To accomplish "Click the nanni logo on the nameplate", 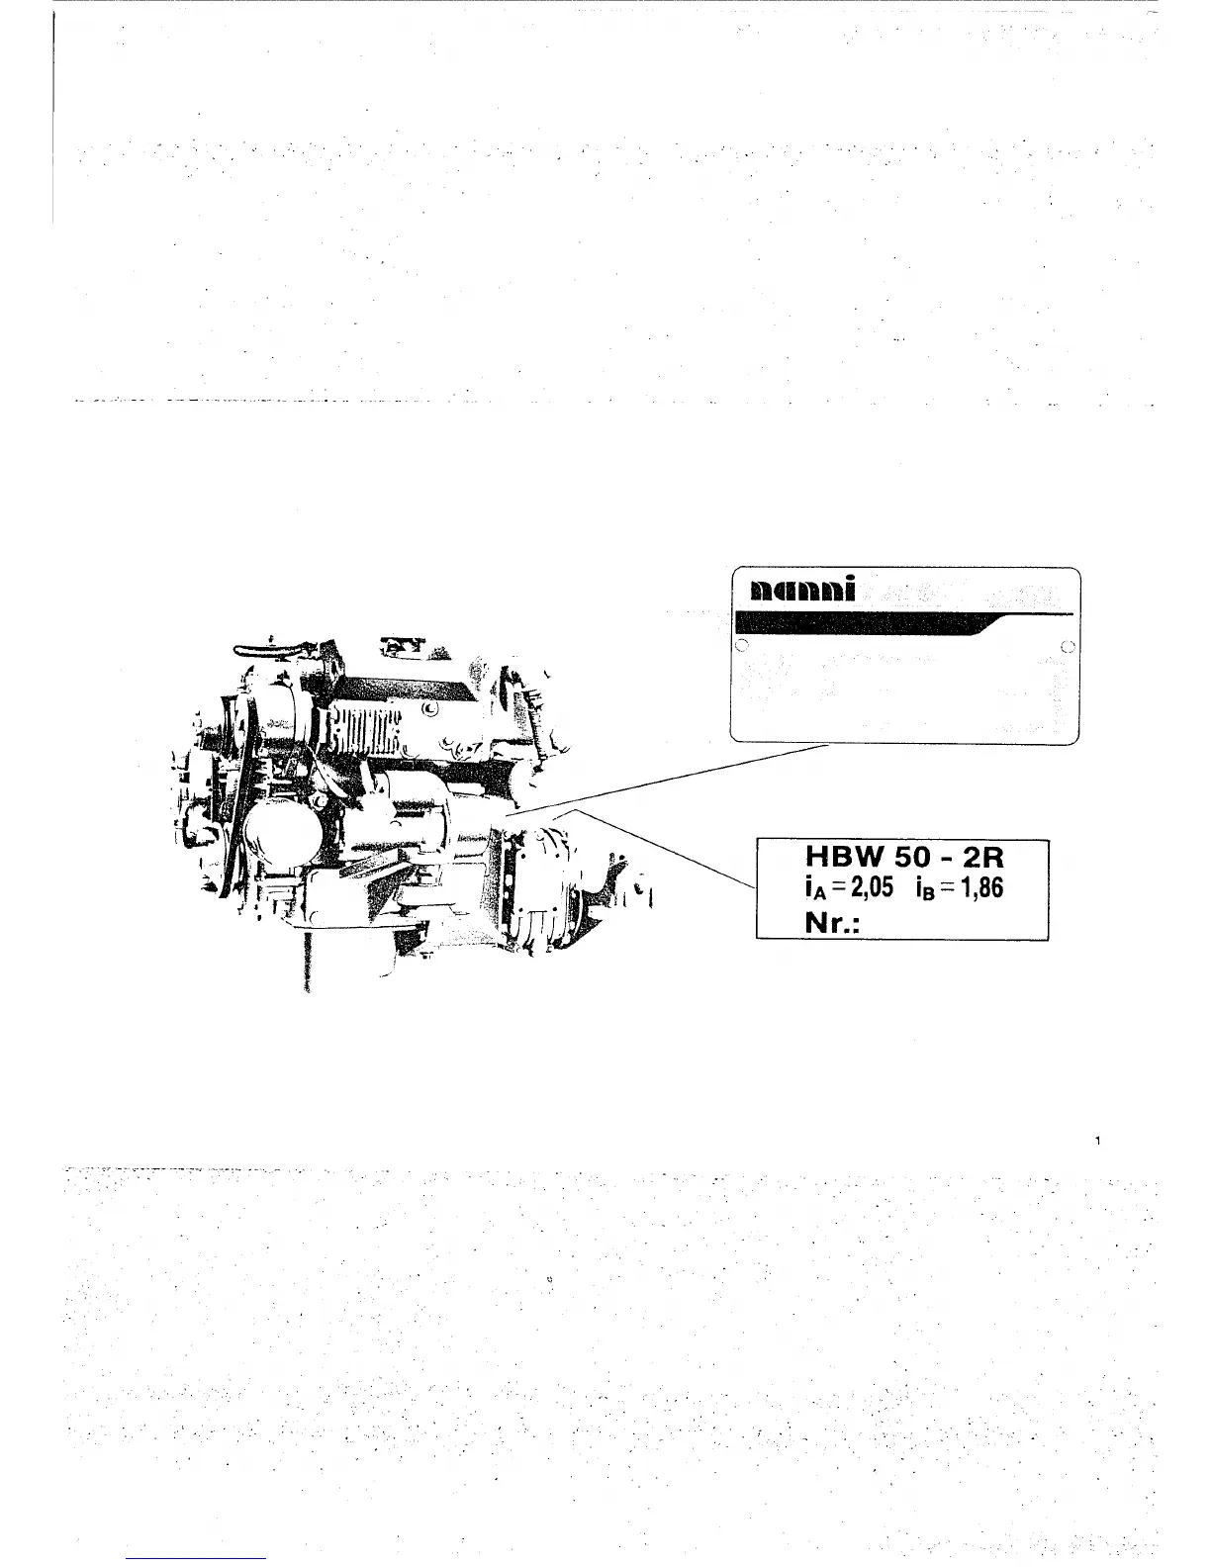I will (x=802, y=591).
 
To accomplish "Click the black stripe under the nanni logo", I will (x=861, y=624).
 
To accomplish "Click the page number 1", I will (x=1099, y=1142).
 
